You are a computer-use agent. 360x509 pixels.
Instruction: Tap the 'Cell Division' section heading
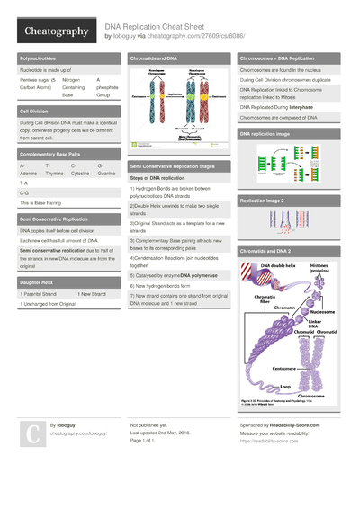(x=35, y=111)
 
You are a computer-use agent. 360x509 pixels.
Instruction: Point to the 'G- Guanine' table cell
(x=106, y=169)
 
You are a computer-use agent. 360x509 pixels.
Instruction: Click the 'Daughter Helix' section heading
(x=37, y=281)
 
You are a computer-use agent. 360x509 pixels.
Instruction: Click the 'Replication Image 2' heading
(x=262, y=201)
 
